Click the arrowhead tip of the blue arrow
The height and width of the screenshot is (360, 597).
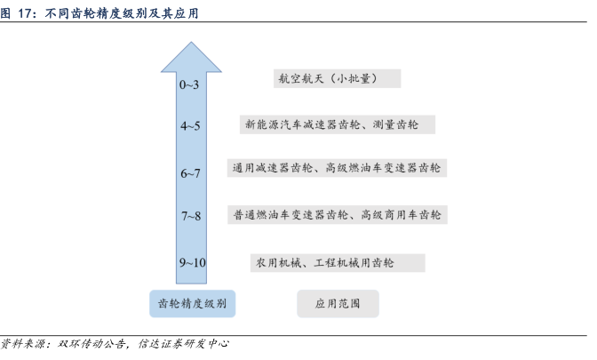coord(191,42)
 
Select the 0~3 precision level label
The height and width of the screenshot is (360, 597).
coord(189,84)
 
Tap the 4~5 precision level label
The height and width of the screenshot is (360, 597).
coord(190,125)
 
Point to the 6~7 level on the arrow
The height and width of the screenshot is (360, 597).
coord(190,173)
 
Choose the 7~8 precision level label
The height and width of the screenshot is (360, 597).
coord(191,216)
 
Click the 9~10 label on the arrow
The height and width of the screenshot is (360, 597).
coord(193,262)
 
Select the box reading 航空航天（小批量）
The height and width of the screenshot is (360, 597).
coord(337,78)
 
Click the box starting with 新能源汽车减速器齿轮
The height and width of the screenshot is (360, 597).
coord(338,124)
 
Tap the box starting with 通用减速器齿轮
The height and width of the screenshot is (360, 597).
coord(337,168)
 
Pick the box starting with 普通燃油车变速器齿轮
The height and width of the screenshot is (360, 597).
coord(338,215)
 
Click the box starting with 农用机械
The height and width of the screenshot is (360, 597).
coord(338,263)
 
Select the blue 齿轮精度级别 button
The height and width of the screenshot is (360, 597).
coord(192,304)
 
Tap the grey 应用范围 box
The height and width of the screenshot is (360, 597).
coord(338,304)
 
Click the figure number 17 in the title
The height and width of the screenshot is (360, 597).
coord(27,13)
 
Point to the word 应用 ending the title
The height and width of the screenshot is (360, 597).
coord(187,13)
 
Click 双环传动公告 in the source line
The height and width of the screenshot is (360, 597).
coord(92,344)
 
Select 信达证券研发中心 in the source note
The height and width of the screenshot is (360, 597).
coord(184,344)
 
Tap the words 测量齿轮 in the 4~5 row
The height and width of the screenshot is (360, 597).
coord(395,124)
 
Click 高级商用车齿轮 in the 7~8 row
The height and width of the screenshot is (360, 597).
coord(401,215)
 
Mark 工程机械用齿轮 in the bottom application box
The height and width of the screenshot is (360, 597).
coord(354,263)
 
